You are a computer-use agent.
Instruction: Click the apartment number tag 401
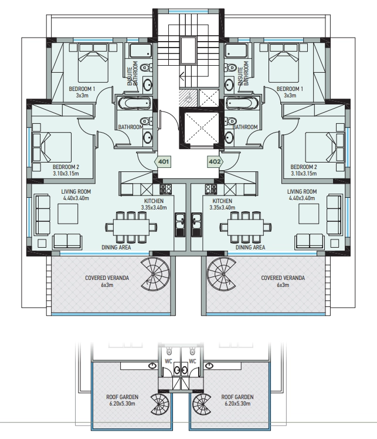(x=163, y=161)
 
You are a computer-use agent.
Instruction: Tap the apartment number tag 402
(x=215, y=161)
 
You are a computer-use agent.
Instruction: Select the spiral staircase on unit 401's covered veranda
(x=155, y=274)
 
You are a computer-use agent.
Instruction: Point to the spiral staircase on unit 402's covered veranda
(x=222, y=274)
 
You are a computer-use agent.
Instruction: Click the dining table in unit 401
(x=131, y=227)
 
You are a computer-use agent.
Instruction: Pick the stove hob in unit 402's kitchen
(x=211, y=190)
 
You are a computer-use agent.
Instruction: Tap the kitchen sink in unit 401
(x=181, y=225)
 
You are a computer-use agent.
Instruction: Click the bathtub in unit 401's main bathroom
(x=134, y=103)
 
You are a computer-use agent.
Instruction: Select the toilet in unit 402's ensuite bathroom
(x=230, y=67)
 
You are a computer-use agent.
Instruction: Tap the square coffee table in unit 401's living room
(x=67, y=214)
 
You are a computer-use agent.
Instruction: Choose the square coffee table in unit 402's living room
(x=308, y=214)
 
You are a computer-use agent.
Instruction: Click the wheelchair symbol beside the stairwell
(x=188, y=97)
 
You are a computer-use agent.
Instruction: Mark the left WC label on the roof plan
(x=168, y=361)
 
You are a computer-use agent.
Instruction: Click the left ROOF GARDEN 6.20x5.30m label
(x=122, y=400)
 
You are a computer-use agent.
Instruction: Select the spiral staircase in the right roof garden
(x=202, y=404)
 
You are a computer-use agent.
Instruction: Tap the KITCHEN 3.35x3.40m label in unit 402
(x=222, y=204)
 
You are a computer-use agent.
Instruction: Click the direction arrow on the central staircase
(x=182, y=76)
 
